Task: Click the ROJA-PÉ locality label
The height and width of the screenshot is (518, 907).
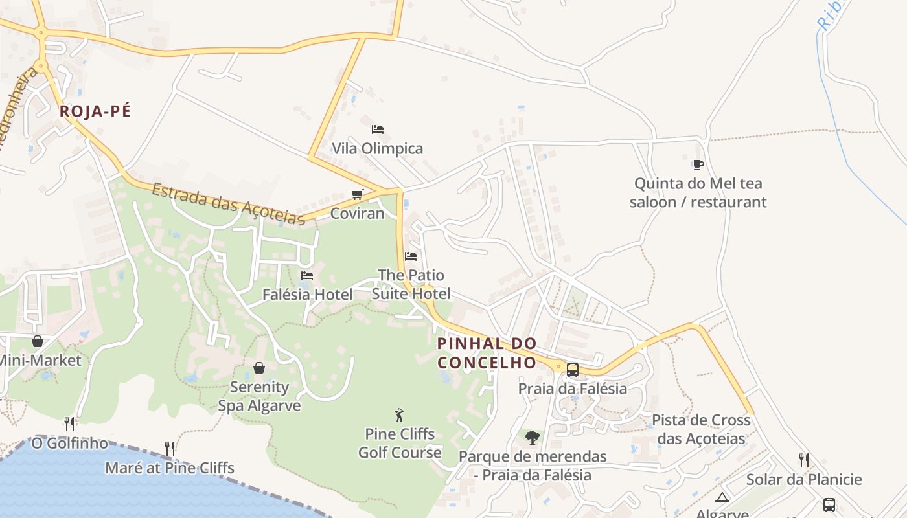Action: point(95,111)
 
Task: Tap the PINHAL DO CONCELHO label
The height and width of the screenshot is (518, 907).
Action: point(487,353)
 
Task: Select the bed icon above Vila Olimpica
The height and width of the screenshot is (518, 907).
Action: point(378,129)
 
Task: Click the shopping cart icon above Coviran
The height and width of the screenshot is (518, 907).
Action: point(357,194)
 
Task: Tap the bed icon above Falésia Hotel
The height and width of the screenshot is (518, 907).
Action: point(307,276)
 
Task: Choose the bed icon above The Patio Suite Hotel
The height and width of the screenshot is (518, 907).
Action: point(411,256)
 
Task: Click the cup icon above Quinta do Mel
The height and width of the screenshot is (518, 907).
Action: point(698,164)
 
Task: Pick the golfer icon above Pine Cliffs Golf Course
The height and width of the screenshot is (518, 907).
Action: point(399,415)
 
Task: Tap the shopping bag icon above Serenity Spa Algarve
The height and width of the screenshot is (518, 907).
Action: point(259,368)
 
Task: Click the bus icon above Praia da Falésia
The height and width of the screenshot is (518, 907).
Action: point(573,370)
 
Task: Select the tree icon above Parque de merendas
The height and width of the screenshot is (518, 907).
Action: point(533,438)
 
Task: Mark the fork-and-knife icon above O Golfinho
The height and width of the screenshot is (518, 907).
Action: point(69,424)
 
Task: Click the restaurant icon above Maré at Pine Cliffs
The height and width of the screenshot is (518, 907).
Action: point(170,448)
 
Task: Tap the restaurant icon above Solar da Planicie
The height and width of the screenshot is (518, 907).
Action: point(804,460)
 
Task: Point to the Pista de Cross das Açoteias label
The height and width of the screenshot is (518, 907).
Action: point(701,429)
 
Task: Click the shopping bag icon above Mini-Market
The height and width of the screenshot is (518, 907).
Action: point(38,341)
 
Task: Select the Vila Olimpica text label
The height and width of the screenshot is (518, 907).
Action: point(377,148)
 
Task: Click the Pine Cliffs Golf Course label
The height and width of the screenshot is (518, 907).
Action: point(400,443)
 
